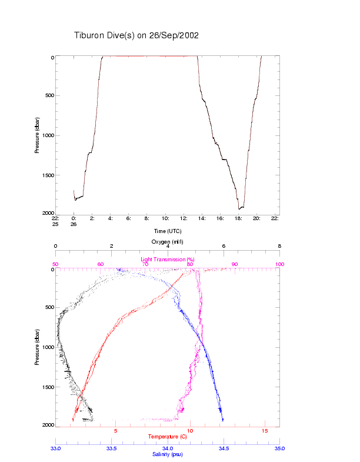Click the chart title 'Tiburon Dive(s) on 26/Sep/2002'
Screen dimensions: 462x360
[x=136, y=35]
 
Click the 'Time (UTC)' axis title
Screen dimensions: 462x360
[x=168, y=231]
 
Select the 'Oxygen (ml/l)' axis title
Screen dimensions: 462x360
[x=168, y=241]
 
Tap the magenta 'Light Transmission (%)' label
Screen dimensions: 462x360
[x=168, y=259]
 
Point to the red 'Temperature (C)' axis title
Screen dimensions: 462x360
[x=168, y=437]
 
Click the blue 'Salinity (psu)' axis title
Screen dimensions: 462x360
[x=168, y=454]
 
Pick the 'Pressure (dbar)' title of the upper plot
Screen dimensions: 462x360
[x=37, y=135]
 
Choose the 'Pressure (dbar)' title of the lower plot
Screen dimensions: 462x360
[x=37, y=347]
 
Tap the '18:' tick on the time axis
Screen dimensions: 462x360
[x=238, y=218]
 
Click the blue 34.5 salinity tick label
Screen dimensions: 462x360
[x=224, y=448]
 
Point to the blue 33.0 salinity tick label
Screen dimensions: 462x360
[x=55, y=448]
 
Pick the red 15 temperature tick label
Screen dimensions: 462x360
[x=264, y=431]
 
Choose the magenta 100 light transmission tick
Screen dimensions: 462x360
[x=279, y=264]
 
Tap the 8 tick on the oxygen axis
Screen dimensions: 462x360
[x=279, y=246]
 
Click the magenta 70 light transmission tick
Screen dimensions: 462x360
[x=145, y=264]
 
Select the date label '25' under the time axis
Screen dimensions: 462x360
[x=55, y=224]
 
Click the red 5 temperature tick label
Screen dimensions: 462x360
[x=115, y=431]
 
